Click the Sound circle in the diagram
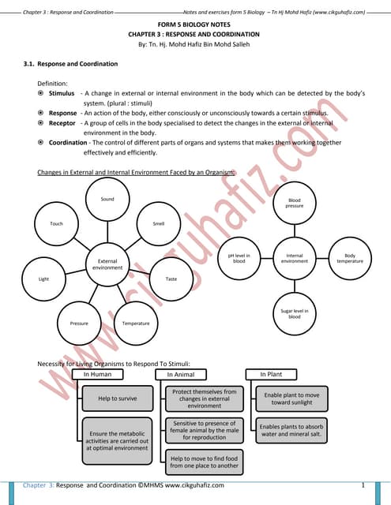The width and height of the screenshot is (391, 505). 107,199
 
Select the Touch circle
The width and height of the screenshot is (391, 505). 56,224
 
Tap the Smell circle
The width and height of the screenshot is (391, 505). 159,224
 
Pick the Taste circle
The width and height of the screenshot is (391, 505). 171,279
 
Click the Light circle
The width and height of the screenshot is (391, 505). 43,279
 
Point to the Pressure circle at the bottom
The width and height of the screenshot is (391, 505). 79,323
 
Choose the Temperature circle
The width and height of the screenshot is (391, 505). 136,323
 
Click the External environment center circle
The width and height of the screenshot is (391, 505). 107,264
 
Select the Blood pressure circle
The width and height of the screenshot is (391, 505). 295,204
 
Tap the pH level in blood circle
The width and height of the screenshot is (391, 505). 239,258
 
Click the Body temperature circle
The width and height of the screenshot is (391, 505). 350,258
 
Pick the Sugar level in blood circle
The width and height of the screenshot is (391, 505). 295,314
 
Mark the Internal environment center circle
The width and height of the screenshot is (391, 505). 295,258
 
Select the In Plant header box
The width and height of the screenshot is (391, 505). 277,374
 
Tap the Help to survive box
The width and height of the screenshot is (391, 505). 117,398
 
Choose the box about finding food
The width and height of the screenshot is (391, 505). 205,461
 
